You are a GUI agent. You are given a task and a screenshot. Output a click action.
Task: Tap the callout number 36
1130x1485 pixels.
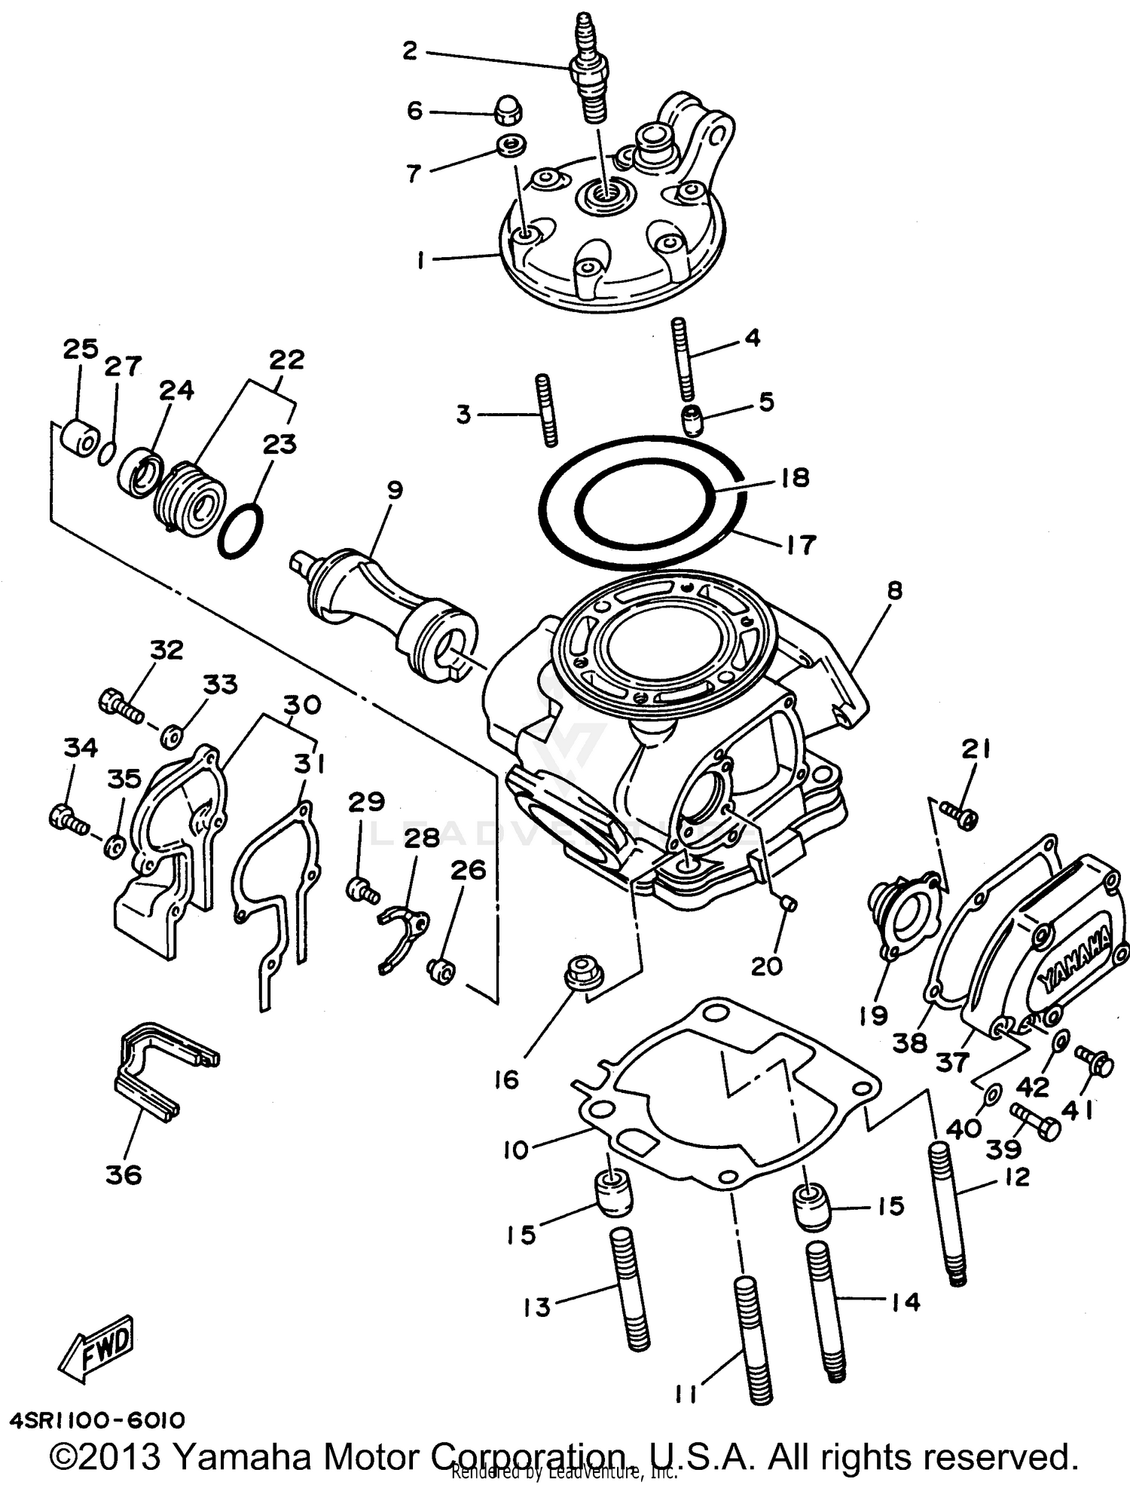point(124,1174)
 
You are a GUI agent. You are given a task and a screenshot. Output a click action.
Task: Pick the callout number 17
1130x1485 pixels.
point(800,544)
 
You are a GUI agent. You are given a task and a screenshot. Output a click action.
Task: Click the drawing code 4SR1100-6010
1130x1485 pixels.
point(98,1421)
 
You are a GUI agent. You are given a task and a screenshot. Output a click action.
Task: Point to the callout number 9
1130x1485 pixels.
point(395,490)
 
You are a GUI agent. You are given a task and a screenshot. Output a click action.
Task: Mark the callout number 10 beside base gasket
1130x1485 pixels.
point(516,1151)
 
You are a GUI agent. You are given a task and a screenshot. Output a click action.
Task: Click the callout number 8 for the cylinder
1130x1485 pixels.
point(893,590)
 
